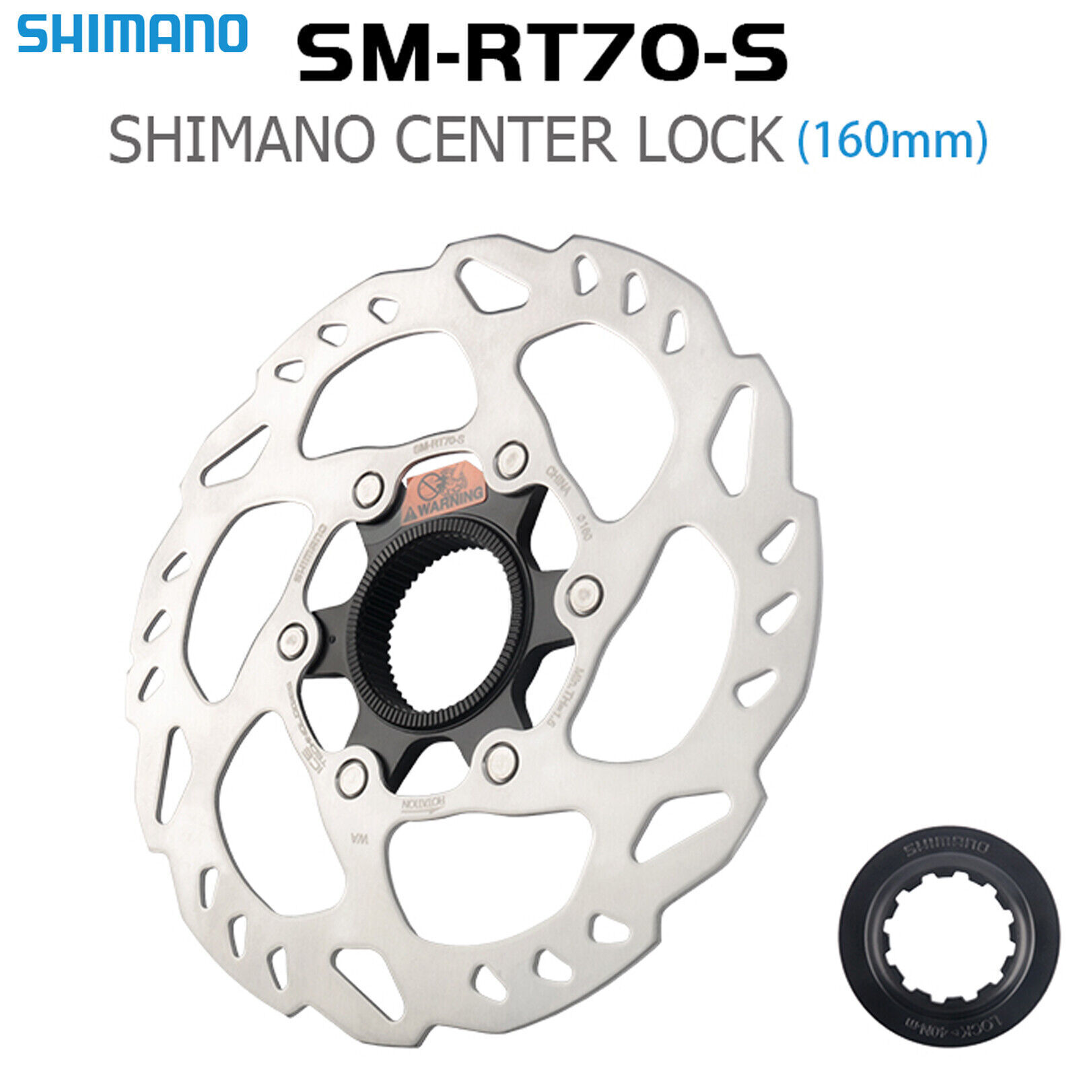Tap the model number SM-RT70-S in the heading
click(x=542, y=52)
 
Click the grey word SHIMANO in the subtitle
click(x=242, y=139)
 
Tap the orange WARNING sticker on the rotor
click(x=444, y=494)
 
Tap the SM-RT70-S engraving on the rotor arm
click(x=438, y=444)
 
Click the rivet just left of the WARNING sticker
click(x=368, y=489)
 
